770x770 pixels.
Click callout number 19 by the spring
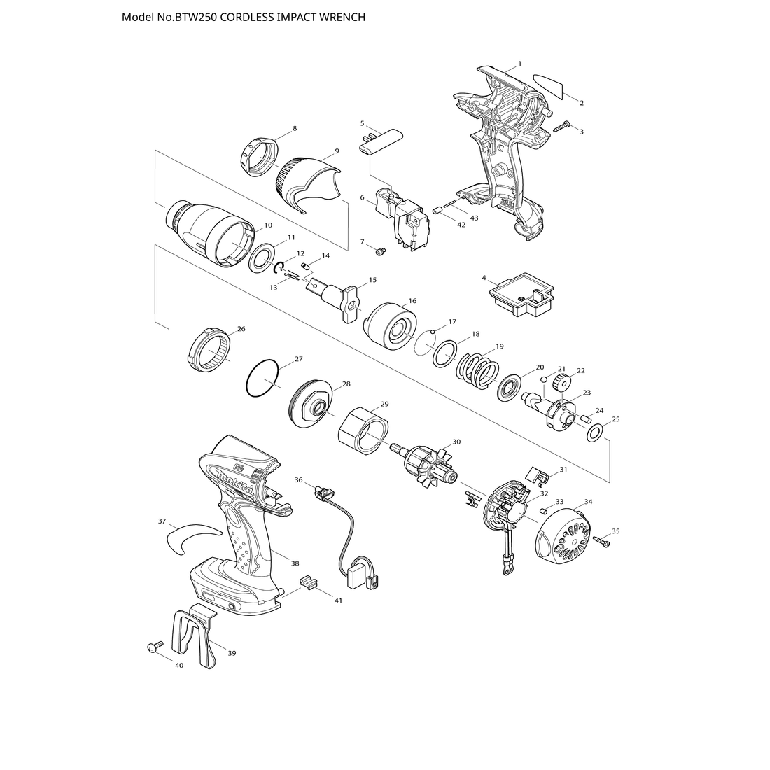pos(499,346)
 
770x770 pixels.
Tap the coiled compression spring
pos(478,371)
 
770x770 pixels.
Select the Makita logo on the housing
pos(234,481)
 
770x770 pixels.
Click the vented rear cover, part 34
pos(562,539)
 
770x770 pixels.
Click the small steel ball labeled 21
pos(545,379)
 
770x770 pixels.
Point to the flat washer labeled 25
pos(595,433)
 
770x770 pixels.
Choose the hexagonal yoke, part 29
pos(365,430)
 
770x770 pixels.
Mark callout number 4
pos(484,278)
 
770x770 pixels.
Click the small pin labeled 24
pos(586,421)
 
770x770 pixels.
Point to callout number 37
pos(162,521)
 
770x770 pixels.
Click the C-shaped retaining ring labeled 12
pos(279,267)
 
